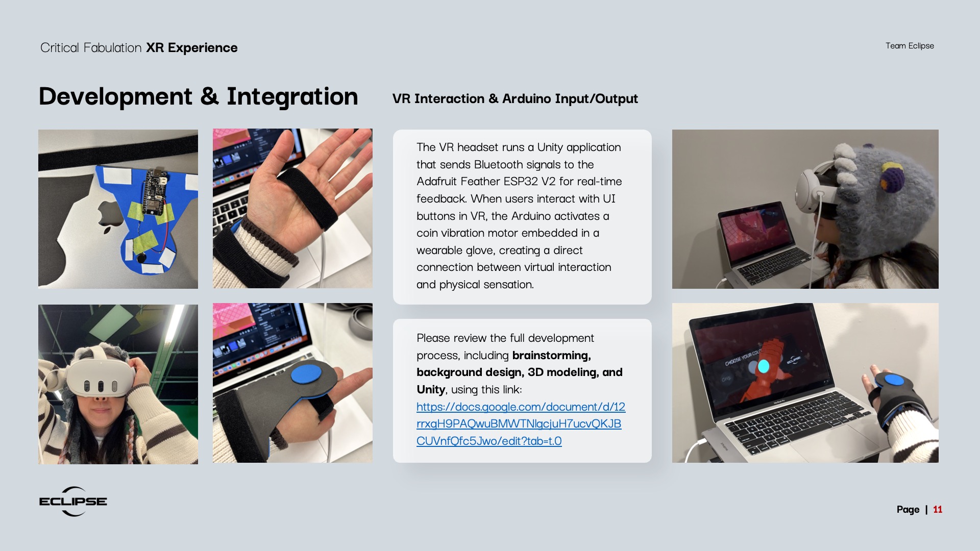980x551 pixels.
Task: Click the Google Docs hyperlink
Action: coord(521,423)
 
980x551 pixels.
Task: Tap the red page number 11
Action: coord(938,509)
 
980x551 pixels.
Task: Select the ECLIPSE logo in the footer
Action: coord(73,502)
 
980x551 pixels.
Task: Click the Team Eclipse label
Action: coord(910,46)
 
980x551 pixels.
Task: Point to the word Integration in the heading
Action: coord(292,96)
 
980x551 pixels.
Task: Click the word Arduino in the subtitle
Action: coord(525,98)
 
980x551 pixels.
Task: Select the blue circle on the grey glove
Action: coord(306,373)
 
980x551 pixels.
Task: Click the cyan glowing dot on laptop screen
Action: coord(764,366)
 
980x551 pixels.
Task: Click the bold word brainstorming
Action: coord(552,356)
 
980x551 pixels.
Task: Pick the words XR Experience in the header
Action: coord(192,47)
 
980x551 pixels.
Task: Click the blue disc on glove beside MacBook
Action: coord(894,380)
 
